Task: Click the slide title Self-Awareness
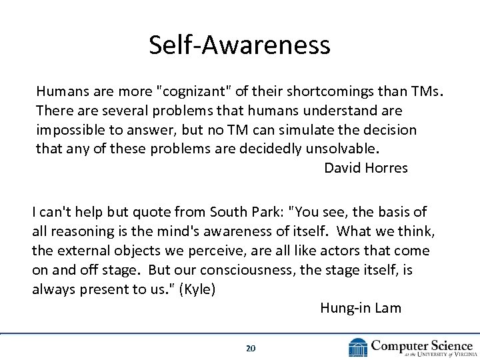pyautogui.click(x=239, y=45)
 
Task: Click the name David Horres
pyautogui.click(x=365, y=167)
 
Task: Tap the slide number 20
pyautogui.click(x=251, y=348)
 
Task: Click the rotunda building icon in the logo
pyautogui.click(x=357, y=347)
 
